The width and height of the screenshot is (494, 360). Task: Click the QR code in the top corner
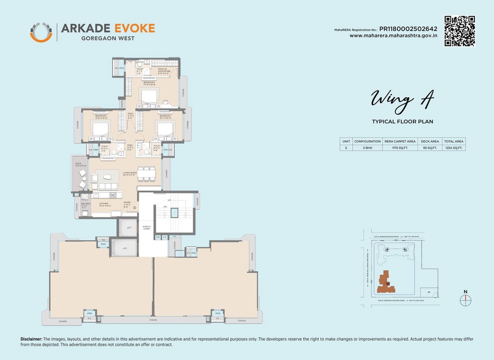pyautogui.click(x=460, y=31)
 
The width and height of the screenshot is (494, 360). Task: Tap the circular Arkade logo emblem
pyautogui.click(x=41, y=31)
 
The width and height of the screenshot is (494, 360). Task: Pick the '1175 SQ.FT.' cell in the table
pyautogui.click(x=400, y=148)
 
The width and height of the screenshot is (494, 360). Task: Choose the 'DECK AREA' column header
pyautogui.click(x=429, y=141)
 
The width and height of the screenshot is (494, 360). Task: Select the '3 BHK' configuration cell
pyautogui.click(x=367, y=148)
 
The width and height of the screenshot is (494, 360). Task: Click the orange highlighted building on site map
pyautogui.click(x=385, y=282)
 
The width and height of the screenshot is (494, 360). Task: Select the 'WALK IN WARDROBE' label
pyautogui.click(x=163, y=70)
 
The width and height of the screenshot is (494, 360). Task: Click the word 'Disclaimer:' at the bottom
pyautogui.click(x=31, y=339)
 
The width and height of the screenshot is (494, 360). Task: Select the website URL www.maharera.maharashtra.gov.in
pyautogui.click(x=393, y=36)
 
